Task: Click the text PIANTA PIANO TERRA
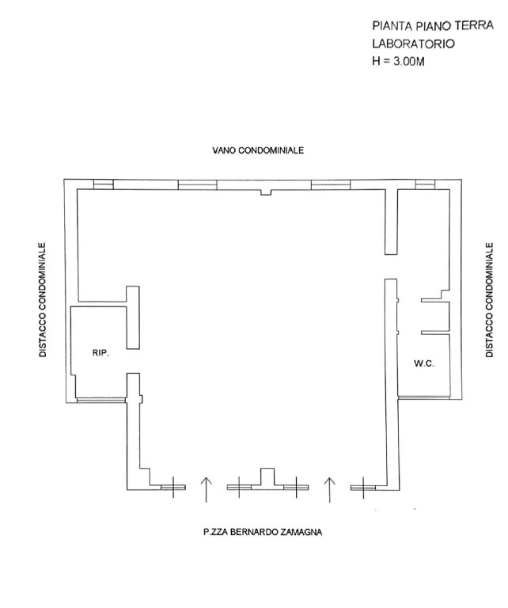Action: [427, 26]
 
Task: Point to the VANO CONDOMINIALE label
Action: [257, 150]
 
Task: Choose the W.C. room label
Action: [421, 363]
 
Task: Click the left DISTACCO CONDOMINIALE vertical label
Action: [44, 300]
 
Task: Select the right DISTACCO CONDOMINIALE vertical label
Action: [489, 300]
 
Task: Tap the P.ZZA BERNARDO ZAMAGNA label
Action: [262, 532]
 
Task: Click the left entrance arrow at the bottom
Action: [206, 489]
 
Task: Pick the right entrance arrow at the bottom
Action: [330, 489]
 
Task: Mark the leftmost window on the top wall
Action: [103, 184]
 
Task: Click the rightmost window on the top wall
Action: [425, 184]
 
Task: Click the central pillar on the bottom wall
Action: [267, 477]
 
